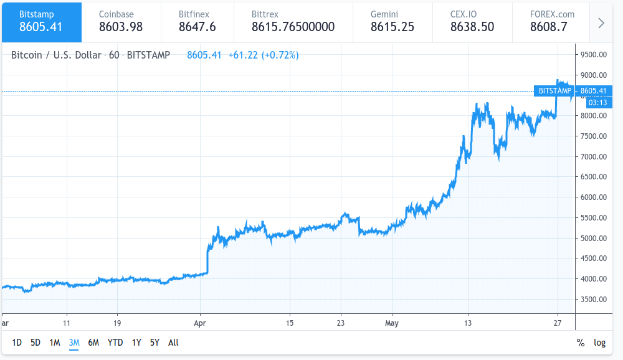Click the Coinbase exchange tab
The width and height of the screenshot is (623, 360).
(120, 21)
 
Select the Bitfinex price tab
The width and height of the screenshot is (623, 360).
(197, 21)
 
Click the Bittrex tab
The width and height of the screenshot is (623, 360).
(293, 21)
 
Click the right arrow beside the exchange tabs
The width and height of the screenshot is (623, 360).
(601, 23)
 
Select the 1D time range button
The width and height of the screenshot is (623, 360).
(17, 342)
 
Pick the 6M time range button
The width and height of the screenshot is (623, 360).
(93, 342)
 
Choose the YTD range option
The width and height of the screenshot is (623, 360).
(115, 342)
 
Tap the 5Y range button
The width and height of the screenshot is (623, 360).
(155, 342)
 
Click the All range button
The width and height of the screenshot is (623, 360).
(173, 342)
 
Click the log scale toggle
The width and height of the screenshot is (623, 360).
(599, 342)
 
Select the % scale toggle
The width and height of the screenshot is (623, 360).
(581, 342)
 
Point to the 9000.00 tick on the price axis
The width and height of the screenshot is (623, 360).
(593, 75)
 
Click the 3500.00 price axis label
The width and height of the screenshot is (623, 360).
(593, 299)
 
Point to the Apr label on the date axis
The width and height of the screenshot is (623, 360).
(200, 323)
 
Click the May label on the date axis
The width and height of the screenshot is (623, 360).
(391, 323)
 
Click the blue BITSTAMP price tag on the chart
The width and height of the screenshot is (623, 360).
(554, 91)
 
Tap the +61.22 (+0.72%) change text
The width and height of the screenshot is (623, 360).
(264, 55)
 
